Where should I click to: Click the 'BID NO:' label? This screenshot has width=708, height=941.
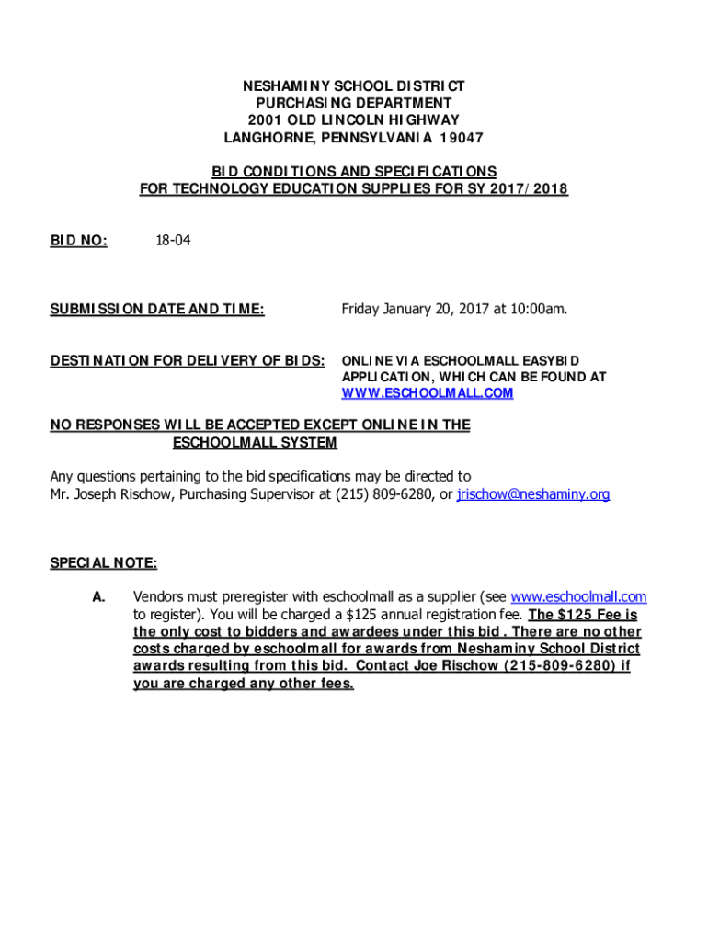pyautogui.click(x=78, y=241)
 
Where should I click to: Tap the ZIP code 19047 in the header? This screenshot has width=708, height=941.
pyautogui.click(x=462, y=138)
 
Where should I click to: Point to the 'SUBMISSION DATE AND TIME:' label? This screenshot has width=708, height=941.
pyautogui.click(x=157, y=309)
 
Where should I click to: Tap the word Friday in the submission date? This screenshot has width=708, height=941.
pyautogui.click(x=362, y=309)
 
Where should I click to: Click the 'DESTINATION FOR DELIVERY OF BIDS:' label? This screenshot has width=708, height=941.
pyautogui.click(x=187, y=359)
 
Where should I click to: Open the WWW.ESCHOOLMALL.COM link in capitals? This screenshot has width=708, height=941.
pyautogui.click(x=428, y=393)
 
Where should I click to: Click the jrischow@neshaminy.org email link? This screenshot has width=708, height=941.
pyautogui.click(x=533, y=494)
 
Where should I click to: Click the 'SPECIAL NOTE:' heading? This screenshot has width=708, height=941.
pyautogui.click(x=103, y=562)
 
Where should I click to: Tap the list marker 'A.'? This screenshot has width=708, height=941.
pyautogui.click(x=98, y=597)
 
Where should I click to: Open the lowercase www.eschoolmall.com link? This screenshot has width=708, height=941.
pyautogui.click(x=578, y=597)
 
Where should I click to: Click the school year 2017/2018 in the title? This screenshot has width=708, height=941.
pyautogui.click(x=531, y=189)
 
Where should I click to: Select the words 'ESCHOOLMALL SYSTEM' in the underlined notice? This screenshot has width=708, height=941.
pyautogui.click(x=255, y=443)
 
